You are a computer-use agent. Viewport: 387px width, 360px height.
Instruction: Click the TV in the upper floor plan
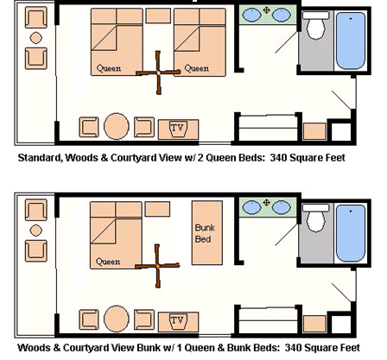click(178, 129)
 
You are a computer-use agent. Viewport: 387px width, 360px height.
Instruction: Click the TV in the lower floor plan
click(178, 321)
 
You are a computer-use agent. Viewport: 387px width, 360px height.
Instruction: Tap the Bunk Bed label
click(204, 233)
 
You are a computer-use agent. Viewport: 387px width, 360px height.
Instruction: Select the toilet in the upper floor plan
click(316, 25)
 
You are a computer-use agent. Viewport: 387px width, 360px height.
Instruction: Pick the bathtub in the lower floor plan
click(351, 232)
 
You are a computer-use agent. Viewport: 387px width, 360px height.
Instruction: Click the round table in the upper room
click(117, 126)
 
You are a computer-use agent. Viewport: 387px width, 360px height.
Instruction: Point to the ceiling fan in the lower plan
click(157, 266)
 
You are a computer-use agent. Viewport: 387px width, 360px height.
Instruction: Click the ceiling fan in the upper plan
click(158, 73)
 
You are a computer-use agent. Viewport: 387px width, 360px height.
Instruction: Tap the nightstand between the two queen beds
click(158, 16)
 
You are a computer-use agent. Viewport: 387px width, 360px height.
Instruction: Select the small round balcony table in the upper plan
click(36, 38)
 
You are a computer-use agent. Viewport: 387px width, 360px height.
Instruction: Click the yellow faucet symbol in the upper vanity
click(267, 10)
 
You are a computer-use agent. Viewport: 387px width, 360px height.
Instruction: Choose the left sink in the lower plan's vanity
click(251, 207)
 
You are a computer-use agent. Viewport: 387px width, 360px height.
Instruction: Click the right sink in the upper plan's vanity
click(282, 15)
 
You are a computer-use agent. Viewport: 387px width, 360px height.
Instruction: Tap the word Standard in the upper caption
click(40, 158)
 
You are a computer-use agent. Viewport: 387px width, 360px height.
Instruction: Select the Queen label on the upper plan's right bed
click(197, 68)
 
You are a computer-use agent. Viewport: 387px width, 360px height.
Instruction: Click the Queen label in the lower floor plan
click(108, 262)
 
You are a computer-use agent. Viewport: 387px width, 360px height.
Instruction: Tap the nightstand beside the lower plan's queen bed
click(157, 209)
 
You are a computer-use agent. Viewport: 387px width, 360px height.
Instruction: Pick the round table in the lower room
click(117, 319)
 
